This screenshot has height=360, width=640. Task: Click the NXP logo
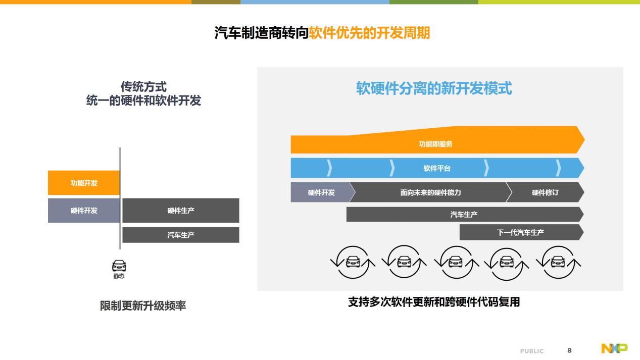(614, 348)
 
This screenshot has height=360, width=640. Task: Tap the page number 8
(569, 350)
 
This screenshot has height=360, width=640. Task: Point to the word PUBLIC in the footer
(532, 351)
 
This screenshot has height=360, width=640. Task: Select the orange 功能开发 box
(84, 183)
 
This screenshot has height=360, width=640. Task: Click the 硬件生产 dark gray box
(181, 211)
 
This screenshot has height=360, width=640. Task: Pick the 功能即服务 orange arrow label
(436, 144)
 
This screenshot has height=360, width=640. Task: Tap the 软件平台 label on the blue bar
(437, 169)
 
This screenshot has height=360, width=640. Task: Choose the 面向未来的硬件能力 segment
(430, 192)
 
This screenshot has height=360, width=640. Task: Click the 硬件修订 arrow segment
(545, 192)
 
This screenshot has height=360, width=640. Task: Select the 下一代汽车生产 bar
(521, 232)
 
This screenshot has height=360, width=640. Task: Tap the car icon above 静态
(119, 266)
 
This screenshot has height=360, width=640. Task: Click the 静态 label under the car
(119, 276)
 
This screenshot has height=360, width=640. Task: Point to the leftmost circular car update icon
(353, 262)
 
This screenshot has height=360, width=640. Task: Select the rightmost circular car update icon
(558, 262)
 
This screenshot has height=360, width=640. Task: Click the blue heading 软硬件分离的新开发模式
(434, 88)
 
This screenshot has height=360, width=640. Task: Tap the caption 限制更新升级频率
(143, 306)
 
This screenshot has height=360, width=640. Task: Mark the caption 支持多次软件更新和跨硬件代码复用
(434, 302)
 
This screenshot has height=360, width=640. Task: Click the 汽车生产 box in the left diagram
(181, 235)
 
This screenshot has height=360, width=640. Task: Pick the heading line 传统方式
(143, 86)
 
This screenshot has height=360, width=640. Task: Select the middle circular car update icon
(456, 262)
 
